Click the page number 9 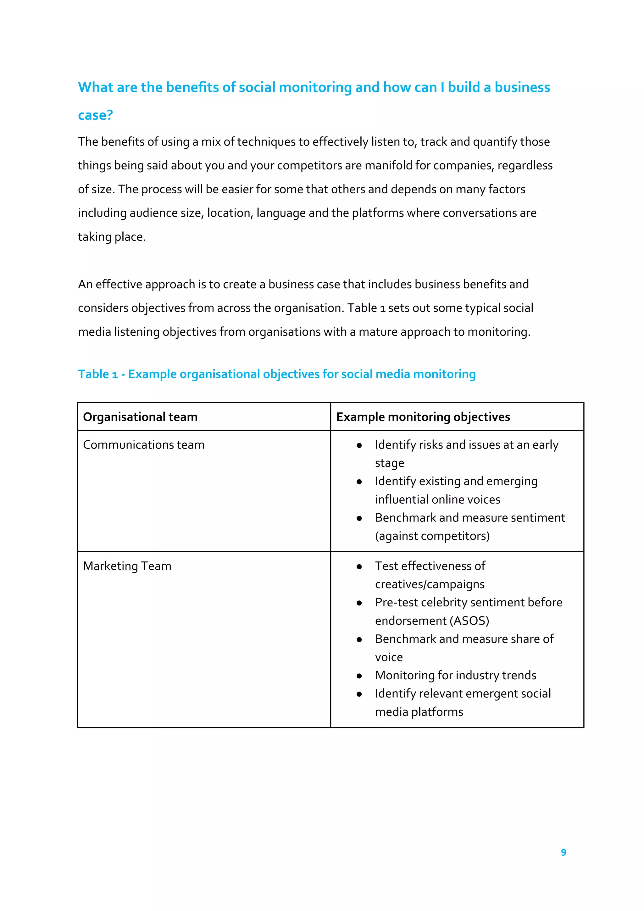[563, 852]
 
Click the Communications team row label [144, 445]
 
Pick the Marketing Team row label [127, 566]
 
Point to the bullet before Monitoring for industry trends [359, 676]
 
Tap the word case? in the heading [95, 115]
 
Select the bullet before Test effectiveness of [359, 566]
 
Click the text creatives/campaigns [430, 584]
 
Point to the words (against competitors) [432, 536]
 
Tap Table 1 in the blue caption [97, 374]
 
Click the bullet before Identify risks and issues [359, 445]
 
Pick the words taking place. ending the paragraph [112, 237]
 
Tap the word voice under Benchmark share [389, 657]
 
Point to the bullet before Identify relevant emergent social [359, 694]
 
